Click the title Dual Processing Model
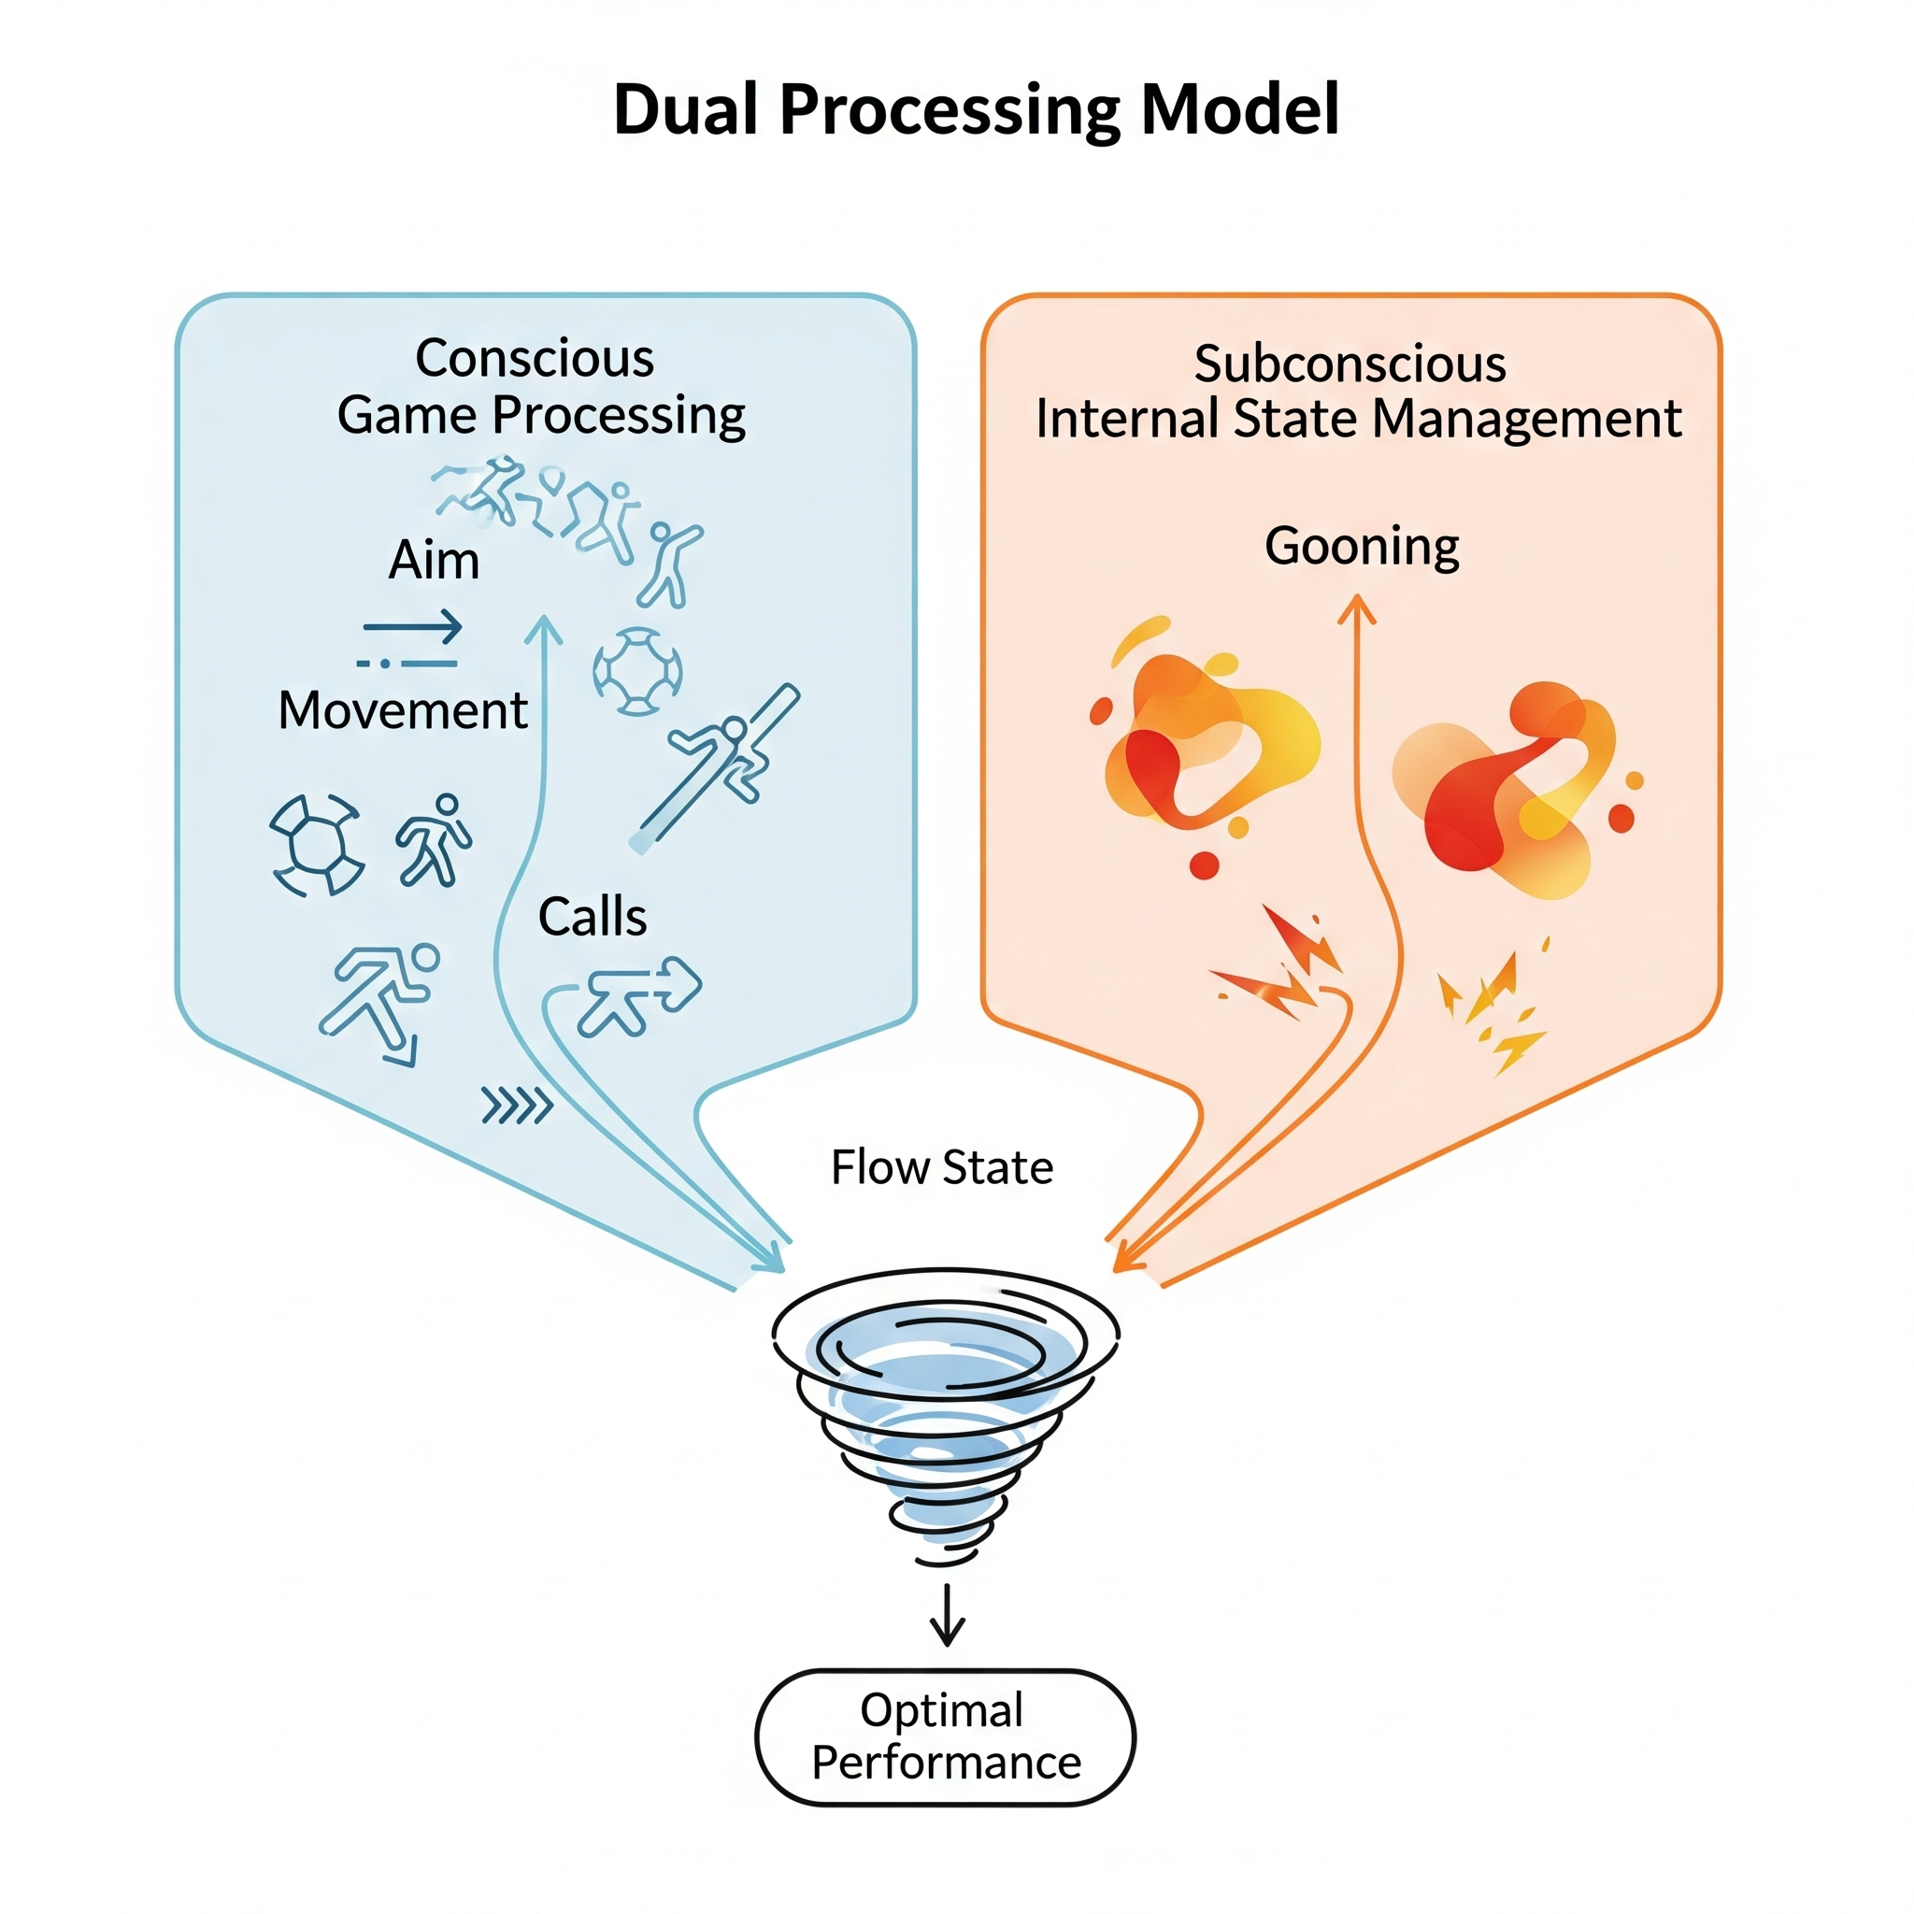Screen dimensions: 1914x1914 click(x=976, y=109)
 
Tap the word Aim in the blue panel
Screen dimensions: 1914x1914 click(x=434, y=561)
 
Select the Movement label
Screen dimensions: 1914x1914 click(x=402, y=710)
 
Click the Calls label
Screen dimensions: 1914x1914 click(x=593, y=917)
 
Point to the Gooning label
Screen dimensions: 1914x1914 click(x=1361, y=546)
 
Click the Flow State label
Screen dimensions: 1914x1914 click(x=941, y=1167)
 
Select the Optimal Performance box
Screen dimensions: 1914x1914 click(x=945, y=1736)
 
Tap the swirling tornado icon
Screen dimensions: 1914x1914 click(x=945, y=1407)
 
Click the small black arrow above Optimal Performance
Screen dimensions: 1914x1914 click(x=947, y=1615)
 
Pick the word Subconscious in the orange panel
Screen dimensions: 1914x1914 click(x=1350, y=364)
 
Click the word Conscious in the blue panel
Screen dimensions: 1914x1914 click(x=535, y=358)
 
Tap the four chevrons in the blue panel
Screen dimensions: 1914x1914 click(x=516, y=1106)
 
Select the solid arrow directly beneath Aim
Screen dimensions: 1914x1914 click(x=413, y=626)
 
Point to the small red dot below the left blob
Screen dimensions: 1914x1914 click(x=1204, y=864)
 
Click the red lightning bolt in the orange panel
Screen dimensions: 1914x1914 click(x=1283, y=966)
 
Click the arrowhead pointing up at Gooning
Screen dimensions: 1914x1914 click(x=1357, y=607)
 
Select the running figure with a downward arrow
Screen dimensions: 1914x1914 click(x=381, y=1001)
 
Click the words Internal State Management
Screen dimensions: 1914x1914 click(x=1358, y=419)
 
